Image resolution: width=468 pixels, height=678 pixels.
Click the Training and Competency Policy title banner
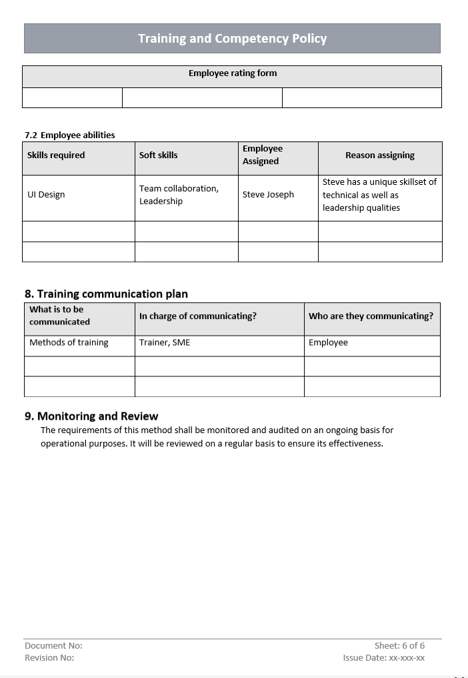pyautogui.click(x=232, y=39)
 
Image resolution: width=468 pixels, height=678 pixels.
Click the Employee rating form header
pyautogui.click(x=232, y=73)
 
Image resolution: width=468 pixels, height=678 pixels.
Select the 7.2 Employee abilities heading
pyautogui.click(x=70, y=135)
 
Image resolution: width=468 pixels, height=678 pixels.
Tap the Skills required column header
pyautogui.click(x=56, y=155)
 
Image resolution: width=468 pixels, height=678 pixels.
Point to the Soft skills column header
pyautogui.click(x=158, y=155)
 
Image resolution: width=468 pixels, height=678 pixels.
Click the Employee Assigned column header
pyautogui.click(x=263, y=155)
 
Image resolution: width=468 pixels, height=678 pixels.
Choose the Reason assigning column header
pyautogui.click(x=379, y=155)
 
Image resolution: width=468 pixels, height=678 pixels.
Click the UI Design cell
pyautogui.click(x=46, y=195)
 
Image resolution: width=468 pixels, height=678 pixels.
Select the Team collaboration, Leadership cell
pyautogui.click(x=179, y=195)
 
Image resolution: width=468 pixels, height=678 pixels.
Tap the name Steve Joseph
pyautogui.click(x=268, y=195)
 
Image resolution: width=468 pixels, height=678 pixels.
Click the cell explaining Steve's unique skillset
pyautogui.click(x=379, y=195)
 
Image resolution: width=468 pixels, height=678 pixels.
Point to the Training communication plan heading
pyautogui.click(x=106, y=294)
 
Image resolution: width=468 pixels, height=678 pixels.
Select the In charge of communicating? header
pyautogui.click(x=197, y=316)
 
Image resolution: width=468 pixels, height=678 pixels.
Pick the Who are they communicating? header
pyautogui.click(x=371, y=316)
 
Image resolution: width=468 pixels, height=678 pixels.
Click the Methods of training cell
pyautogui.click(x=69, y=343)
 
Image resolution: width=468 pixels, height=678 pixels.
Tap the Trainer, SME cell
pyautogui.click(x=165, y=343)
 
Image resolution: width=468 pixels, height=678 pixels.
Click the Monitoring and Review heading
pyautogui.click(x=91, y=416)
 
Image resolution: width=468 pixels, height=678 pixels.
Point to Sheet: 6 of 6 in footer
pyautogui.click(x=399, y=646)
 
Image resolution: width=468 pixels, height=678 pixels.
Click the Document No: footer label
pyautogui.click(x=53, y=646)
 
